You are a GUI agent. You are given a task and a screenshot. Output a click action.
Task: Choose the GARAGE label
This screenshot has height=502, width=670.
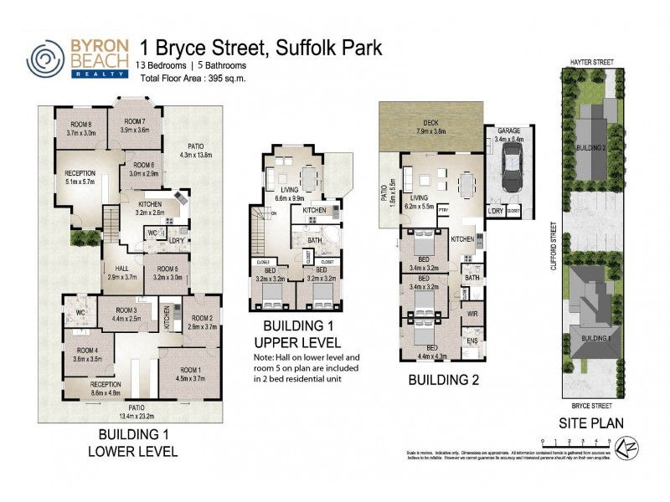(x=509, y=131)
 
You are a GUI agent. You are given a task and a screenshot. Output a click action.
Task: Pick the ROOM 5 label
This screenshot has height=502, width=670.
(x=167, y=269)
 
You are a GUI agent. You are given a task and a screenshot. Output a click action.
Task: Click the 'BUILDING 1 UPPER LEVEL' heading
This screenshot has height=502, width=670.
(x=301, y=334)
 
